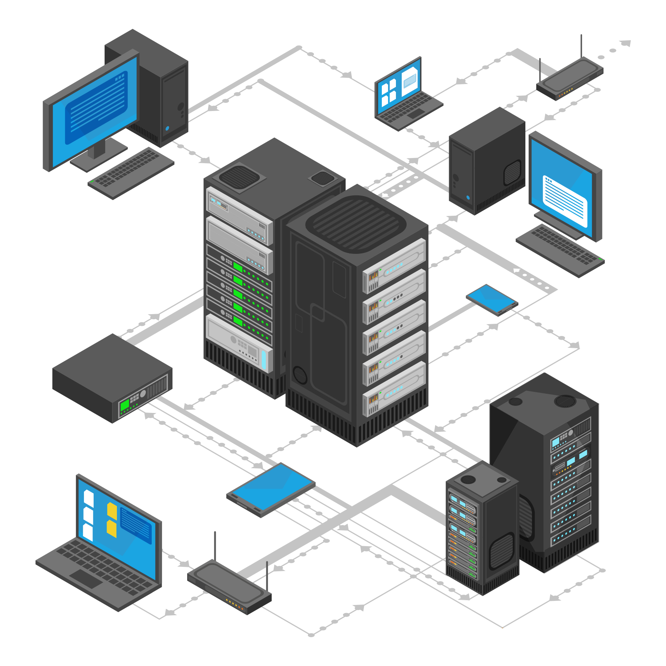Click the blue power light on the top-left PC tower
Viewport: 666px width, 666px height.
pyautogui.click(x=167, y=128)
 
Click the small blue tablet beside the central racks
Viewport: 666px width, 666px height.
pyautogui.click(x=492, y=299)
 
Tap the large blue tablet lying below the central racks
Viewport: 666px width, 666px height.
pyautogui.click(x=271, y=488)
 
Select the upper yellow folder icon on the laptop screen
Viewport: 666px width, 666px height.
pyautogui.click(x=112, y=511)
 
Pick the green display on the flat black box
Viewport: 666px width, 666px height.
pyautogui.click(x=125, y=406)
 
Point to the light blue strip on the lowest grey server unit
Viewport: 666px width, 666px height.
pyautogui.click(x=263, y=359)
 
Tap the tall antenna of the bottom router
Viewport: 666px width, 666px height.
pyautogui.click(x=215, y=548)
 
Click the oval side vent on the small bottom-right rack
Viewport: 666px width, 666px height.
pyautogui.click(x=502, y=551)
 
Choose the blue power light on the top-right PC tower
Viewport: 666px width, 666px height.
pyautogui.click(x=468, y=198)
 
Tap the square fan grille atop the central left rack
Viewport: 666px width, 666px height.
pyautogui.click(x=240, y=176)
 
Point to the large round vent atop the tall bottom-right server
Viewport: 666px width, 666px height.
pyautogui.click(x=565, y=401)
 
